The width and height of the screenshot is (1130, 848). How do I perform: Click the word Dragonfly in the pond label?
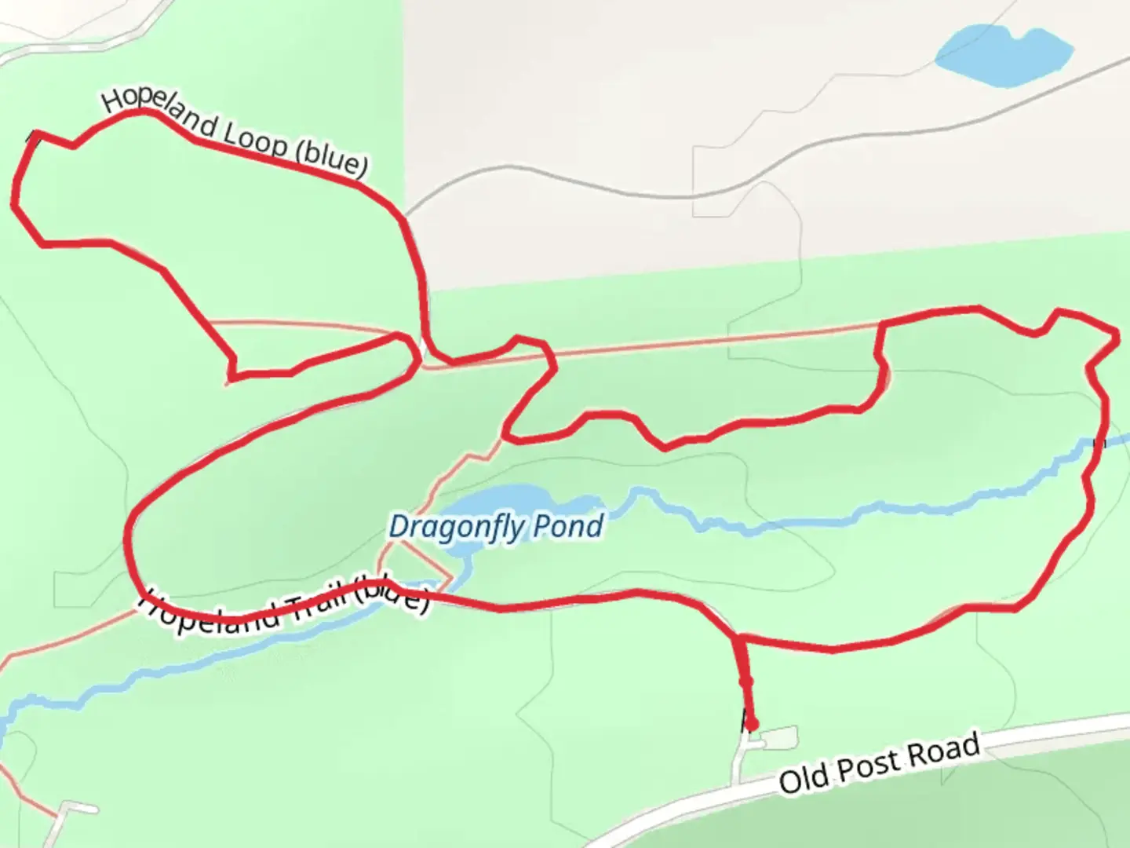coord(454,527)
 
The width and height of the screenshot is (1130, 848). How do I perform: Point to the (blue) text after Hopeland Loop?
coord(331,160)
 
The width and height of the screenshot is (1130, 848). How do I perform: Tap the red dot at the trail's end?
coord(751,723)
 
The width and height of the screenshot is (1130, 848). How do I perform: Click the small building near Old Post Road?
coord(778,738)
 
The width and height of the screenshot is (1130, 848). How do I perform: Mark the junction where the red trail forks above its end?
coord(738,638)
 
